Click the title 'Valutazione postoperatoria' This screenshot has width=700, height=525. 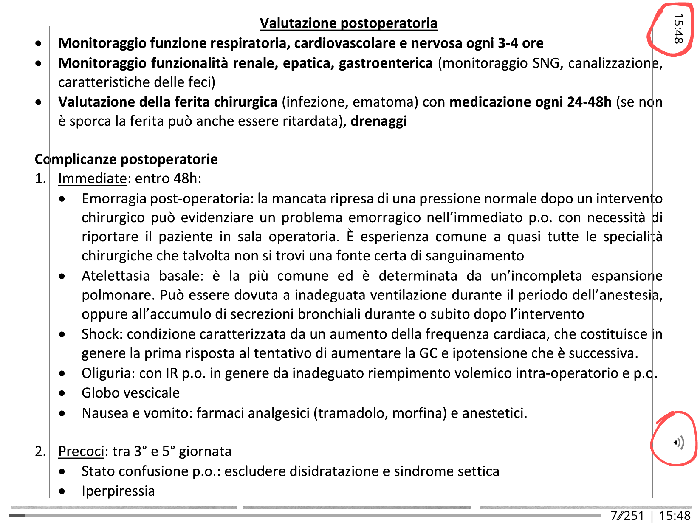(348, 23)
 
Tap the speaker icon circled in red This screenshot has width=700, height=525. (679, 443)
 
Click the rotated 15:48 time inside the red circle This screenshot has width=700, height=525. (678, 29)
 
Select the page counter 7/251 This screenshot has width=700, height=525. (627, 516)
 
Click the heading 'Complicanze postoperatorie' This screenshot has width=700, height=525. (126, 159)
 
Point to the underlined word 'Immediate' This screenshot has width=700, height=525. (93, 178)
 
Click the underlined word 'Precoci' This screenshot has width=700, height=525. (81, 451)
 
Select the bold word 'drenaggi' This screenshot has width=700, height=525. (378, 121)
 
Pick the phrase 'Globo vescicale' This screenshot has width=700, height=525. (130, 393)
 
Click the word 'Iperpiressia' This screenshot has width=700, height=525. (118, 491)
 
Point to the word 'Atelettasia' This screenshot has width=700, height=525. (116, 276)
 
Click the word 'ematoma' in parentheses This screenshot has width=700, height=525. (383, 102)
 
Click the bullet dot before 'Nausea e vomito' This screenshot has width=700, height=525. (62, 413)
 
